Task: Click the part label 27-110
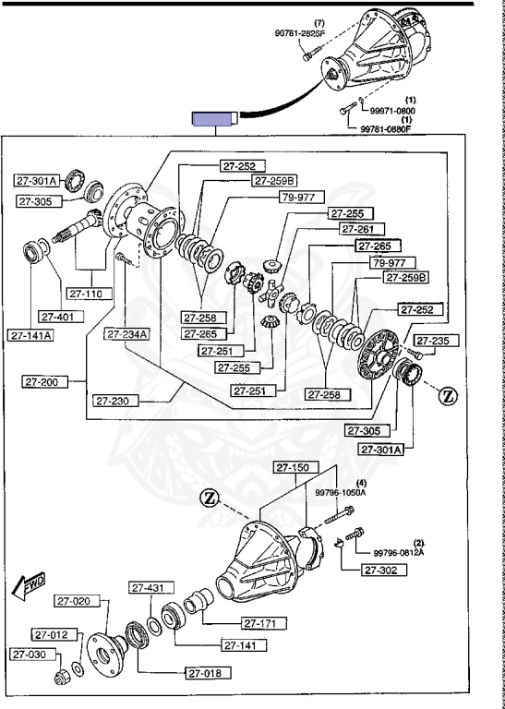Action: coord(90,294)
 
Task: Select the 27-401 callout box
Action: coord(62,317)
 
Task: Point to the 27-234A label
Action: coord(128,334)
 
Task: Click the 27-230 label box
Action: coord(115,401)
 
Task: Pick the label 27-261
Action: coord(362,229)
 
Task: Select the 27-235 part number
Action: coord(437,341)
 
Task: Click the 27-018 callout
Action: coord(209,673)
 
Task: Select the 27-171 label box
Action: coord(264,623)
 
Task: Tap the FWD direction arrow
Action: coord(29,587)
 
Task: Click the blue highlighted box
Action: coord(212,119)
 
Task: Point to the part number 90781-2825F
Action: coord(300,32)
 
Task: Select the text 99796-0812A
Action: coord(399,553)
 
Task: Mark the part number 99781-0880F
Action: coord(386,128)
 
